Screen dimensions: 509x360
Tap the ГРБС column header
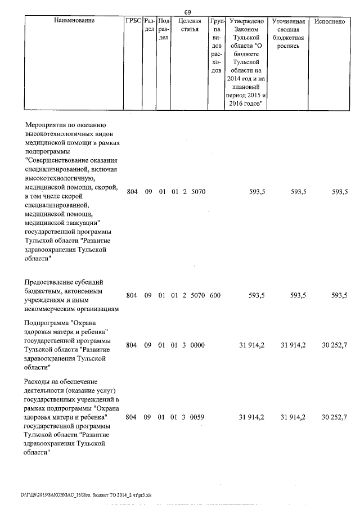(x=133, y=21)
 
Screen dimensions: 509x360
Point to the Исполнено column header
(x=330, y=21)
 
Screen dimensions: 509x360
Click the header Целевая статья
(x=190, y=25)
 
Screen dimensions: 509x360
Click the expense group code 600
(x=215, y=295)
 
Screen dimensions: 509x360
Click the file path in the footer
(x=86, y=495)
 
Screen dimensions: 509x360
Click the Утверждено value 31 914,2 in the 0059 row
(x=252, y=417)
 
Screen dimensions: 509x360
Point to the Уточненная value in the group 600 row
(x=298, y=295)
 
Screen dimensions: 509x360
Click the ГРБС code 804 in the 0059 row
(x=132, y=417)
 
